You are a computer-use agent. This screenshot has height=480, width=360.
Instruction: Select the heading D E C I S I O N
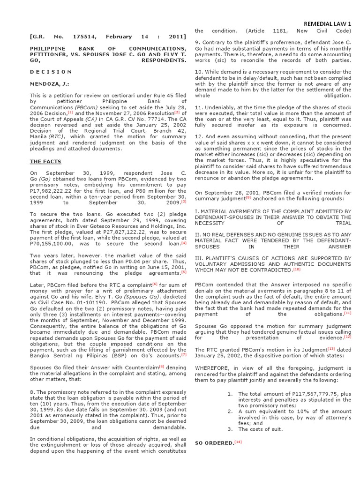click(x=51, y=72)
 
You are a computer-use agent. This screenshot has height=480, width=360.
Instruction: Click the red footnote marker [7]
click(x=184, y=354)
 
